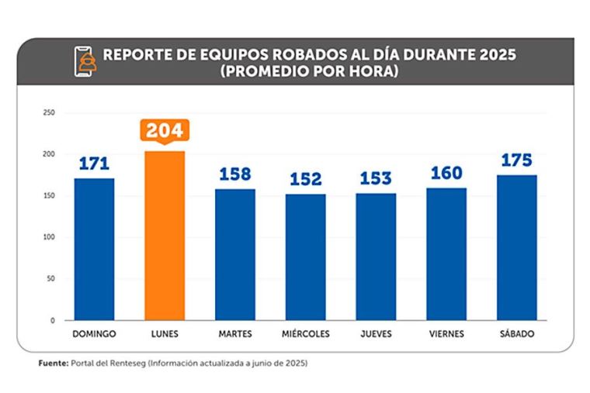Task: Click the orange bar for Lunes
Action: pos(165,235)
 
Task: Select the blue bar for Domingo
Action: pos(94,249)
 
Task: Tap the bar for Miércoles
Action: pos(305,257)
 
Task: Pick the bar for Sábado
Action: pos(516,247)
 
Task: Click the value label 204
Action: pos(165,129)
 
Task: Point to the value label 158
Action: pos(235,174)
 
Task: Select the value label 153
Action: pos(376,178)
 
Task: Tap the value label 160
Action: pos(446,173)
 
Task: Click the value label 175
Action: pos(516,160)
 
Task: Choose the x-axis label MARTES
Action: pos(235,333)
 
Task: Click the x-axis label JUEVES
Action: pos(376,333)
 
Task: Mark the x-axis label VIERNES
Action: pos(446,333)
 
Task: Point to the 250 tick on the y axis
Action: pos(50,113)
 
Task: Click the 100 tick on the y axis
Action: pos(50,237)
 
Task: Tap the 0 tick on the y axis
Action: pos(53,320)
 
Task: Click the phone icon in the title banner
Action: pos(83,61)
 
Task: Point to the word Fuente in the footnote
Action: pos(53,363)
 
